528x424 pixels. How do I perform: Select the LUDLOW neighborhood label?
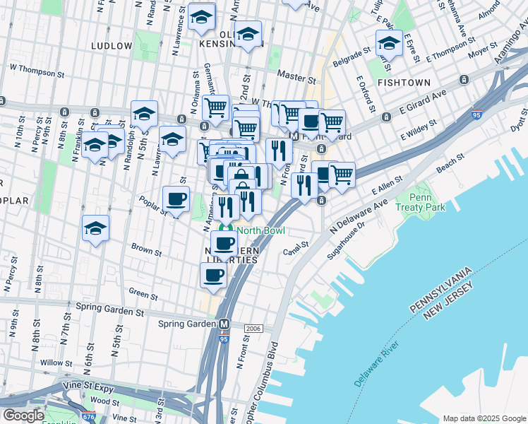pos(112,46)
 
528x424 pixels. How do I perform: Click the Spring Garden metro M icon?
pos(224,324)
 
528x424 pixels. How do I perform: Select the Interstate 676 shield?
pos(89,418)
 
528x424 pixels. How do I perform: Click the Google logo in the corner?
pos(23,416)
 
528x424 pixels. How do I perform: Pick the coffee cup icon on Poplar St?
pos(176,199)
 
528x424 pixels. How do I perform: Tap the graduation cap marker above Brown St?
pos(95,228)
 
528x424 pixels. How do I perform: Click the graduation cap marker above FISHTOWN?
pos(389,43)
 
